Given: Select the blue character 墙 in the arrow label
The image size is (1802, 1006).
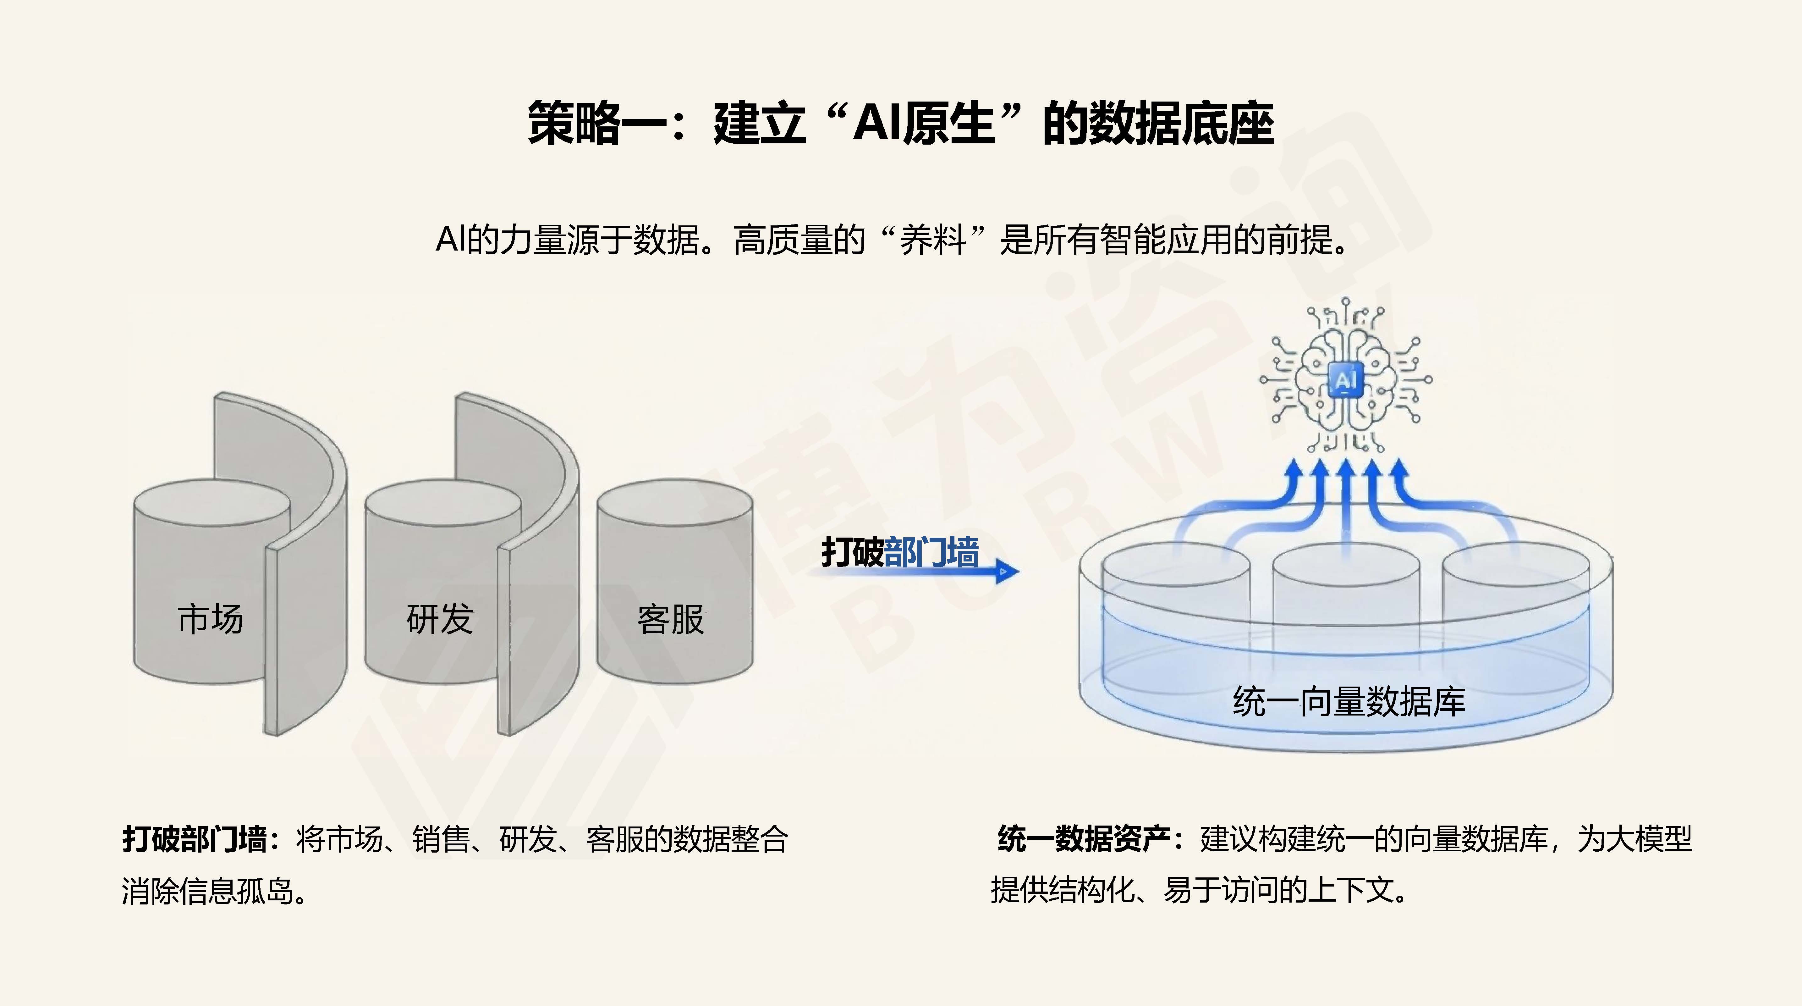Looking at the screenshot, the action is click(x=963, y=553).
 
